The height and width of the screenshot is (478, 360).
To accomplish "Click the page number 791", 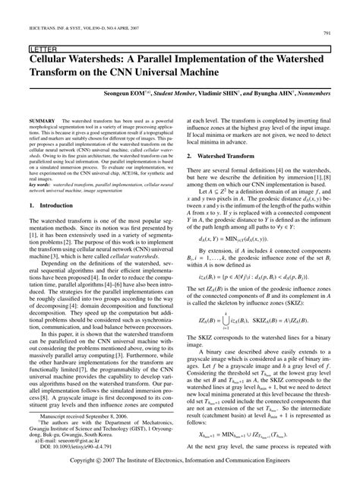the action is click(346, 33).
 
